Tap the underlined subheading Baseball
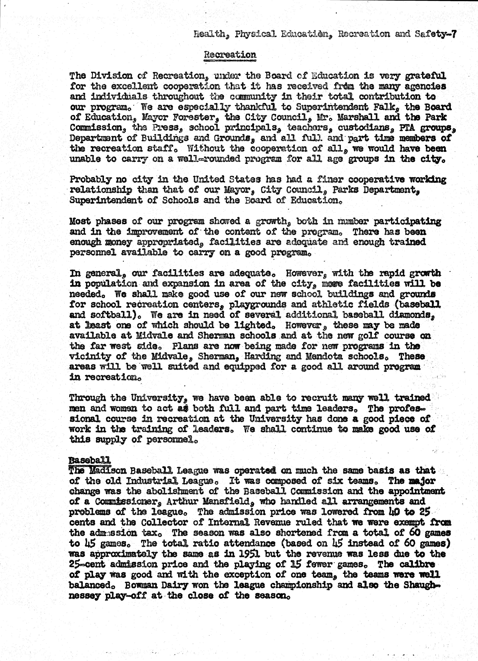tap(90, 460)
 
